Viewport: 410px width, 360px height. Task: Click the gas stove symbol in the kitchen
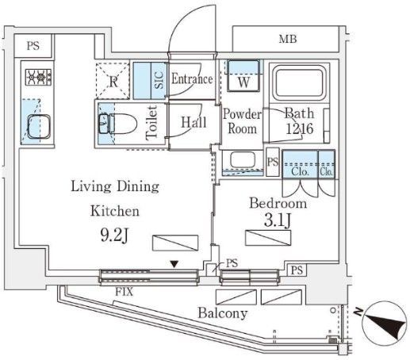click(x=39, y=77)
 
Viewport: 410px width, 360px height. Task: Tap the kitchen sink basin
click(x=39, y=127)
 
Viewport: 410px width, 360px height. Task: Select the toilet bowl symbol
click(x=117, y=124)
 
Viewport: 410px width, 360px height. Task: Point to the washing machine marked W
click(x=243, y=76)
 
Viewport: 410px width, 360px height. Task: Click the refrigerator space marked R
click(x=113, y=81)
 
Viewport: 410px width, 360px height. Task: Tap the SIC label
click(x=159, y=80)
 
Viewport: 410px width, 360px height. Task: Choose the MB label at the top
click(x=288, y=39)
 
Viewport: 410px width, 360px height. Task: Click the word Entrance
click(x=192, y=79)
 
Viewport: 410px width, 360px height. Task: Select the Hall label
click(x=194, y=122)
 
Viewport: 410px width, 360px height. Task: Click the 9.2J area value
click(x=114, y=236)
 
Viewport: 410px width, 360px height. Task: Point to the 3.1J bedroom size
click(x=278, y=220)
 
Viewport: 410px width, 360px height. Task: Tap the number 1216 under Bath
click(x=300, y=128)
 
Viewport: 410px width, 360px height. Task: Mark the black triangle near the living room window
click(x=174, y=264)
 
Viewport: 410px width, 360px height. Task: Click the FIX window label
click(x=125, y=292)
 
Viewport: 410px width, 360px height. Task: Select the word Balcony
click(x=223, y=313)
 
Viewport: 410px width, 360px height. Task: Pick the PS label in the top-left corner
click(x=33, y=46)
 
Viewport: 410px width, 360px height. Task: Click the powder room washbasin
click(x=243, y=159)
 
